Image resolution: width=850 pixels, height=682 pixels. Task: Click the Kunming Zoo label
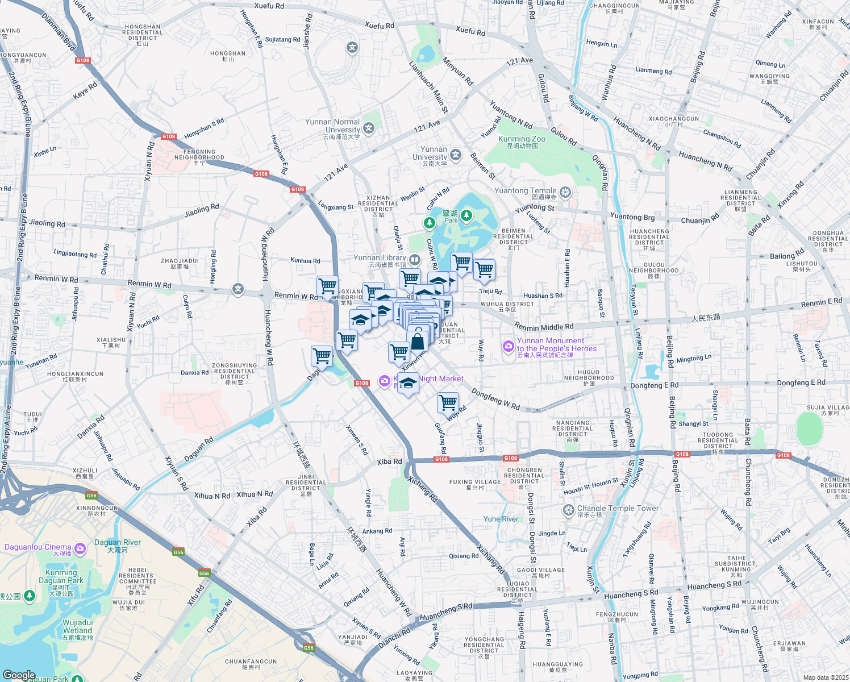coord(522,139)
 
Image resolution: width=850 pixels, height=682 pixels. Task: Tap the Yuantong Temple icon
coord(565,193)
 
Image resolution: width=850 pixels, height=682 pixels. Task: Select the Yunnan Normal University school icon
coord(369,128)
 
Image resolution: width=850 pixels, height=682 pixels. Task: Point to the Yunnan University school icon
coord(456,155)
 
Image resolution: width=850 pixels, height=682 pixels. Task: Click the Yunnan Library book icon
coord(415,260)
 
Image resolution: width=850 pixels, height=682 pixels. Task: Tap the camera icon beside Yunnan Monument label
coord(508,346)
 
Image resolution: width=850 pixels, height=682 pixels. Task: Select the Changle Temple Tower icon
coord(568,510)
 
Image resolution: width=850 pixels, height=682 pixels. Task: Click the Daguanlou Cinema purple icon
coord(80,548)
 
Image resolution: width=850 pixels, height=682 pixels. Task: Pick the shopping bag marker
coord(418,341)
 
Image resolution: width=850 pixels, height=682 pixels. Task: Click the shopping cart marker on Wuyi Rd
coord(448,402)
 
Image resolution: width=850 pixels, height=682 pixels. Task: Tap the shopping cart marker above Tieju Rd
coord(484,269)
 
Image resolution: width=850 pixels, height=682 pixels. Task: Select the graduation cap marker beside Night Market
coord(408,384)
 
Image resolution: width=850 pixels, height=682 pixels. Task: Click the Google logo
coord(19,675)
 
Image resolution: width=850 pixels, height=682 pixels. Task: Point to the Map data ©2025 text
coord(825,677)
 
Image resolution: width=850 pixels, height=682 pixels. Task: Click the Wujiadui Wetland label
coord(77,627)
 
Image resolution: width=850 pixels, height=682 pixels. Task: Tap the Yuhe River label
coord(501,519)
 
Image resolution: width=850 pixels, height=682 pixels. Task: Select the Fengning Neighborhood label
coord(199,155)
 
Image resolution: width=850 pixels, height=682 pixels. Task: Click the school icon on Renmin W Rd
coord(238,290)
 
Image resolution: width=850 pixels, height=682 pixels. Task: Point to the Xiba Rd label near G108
coord(389,461)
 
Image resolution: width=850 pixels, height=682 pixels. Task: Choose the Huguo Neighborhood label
coord(589,375)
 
